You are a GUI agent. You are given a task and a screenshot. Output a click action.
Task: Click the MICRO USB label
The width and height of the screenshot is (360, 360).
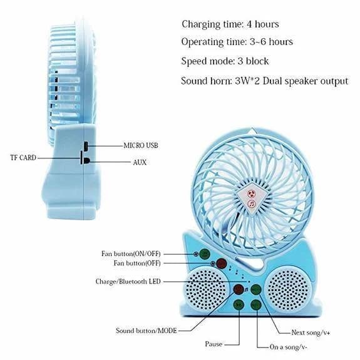point(141,145)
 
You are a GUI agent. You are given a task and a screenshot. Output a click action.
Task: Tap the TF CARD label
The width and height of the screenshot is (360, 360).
point(23,158)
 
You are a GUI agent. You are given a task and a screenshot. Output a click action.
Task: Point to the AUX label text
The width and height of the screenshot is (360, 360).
point(140,162)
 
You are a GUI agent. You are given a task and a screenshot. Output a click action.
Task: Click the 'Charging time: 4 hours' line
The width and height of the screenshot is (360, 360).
point(230,24)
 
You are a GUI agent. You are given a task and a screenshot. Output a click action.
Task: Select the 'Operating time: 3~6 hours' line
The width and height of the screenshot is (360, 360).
point(237,42)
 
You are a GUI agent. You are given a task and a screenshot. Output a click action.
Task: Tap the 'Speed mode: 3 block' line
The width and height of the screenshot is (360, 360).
point(225,61)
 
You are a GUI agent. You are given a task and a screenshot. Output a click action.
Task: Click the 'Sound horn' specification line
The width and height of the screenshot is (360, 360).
point(264,81)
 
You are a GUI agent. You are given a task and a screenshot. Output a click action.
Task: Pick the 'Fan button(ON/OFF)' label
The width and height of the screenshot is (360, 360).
point(131,254)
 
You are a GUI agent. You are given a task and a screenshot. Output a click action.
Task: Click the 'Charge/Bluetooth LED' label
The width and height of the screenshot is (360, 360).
point(128,282)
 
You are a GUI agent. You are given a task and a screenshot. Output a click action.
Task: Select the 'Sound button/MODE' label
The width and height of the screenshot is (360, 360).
point(147,331)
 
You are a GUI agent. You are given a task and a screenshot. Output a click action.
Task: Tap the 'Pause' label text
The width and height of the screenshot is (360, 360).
point(213,344)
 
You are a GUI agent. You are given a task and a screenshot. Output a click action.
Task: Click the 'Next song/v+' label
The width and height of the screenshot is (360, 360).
point(311,332)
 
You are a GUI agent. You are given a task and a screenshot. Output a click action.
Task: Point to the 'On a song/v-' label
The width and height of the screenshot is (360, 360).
point(288,347)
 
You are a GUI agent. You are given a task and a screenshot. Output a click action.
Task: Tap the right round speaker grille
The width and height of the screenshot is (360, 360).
point(289,291)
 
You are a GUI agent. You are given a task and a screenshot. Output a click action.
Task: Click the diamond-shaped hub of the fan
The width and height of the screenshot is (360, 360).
point(252,199)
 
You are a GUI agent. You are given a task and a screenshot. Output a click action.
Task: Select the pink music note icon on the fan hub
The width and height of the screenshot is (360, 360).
point(252,203)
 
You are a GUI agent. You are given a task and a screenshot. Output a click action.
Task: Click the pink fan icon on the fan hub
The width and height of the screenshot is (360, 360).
point(251,193)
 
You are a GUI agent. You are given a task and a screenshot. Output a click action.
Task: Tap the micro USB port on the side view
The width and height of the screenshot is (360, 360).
point(86,147)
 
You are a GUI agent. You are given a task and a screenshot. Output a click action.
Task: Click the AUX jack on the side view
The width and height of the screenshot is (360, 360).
point(86,160)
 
